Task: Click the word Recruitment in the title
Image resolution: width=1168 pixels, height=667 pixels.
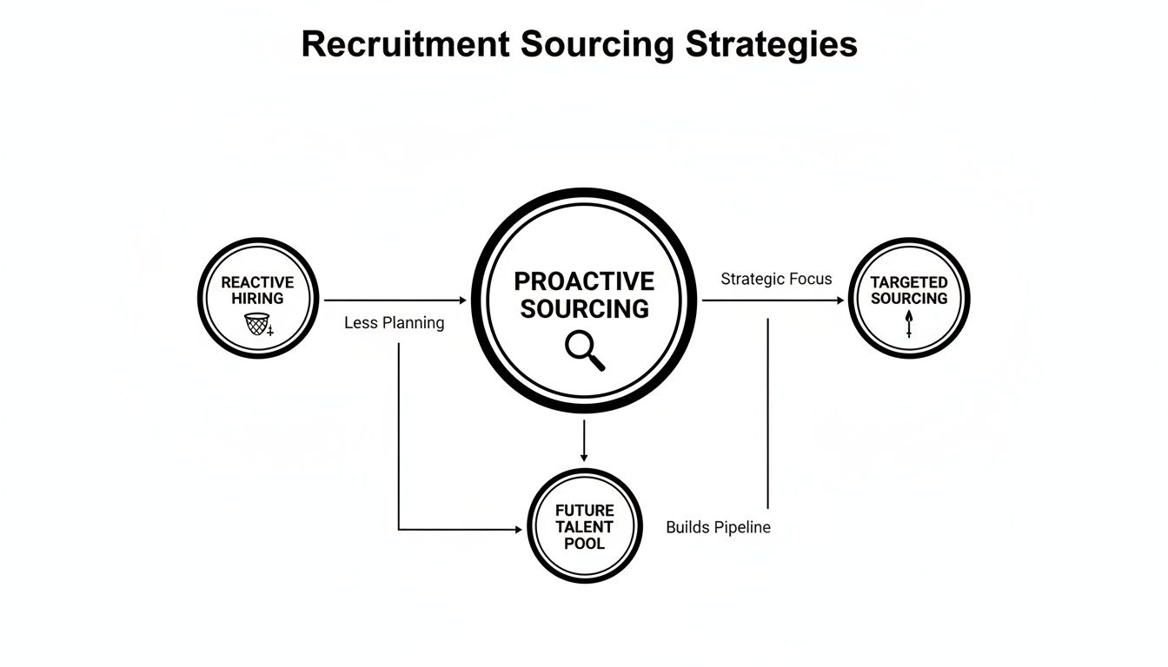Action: [x=405, y=44]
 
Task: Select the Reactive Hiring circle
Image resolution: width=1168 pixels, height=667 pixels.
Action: [x=258, y=298]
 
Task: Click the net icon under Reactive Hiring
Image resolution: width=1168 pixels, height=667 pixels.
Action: [x=255, y=325]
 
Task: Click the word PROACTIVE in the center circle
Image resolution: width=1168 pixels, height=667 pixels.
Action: [x=584, y=281]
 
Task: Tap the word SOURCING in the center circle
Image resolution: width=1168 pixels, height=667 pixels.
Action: [x=584, y=309]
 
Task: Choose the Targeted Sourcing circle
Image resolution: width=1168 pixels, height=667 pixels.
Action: [x=909, y=298]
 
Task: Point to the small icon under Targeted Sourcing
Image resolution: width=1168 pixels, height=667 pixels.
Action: [x=909, y=325]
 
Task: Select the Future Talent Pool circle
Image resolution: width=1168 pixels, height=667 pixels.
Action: [x=585, y=526]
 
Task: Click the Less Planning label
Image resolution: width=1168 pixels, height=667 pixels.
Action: [x=394, y=323]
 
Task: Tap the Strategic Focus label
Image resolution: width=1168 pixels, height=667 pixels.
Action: [x=776, y=279]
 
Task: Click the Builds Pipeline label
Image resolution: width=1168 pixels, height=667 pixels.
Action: [x=718, y=527]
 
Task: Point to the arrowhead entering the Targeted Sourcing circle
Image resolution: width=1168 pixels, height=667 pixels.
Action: [x=839, y=300]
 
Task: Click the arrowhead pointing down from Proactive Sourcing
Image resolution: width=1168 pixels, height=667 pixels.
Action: [x=584, y=457]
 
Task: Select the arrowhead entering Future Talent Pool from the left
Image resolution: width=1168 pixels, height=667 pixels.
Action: [x=521, y=529]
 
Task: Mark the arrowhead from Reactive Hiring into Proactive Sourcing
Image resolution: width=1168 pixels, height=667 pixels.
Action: [x=462, y=300]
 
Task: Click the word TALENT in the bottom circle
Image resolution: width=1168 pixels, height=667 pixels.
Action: [x=585, y=526]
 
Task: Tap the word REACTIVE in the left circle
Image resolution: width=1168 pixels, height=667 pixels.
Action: [x=257, y=282]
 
